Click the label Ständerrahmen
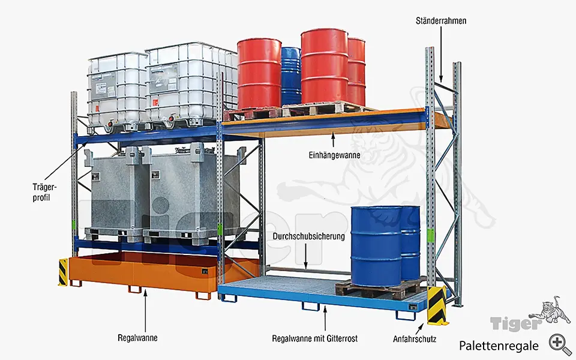[440, 21]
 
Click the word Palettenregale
[499, 345]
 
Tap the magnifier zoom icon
[560, 343]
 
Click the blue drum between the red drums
[291, 76]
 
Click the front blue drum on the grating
[376, 246]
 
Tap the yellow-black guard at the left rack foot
[63, 272]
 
